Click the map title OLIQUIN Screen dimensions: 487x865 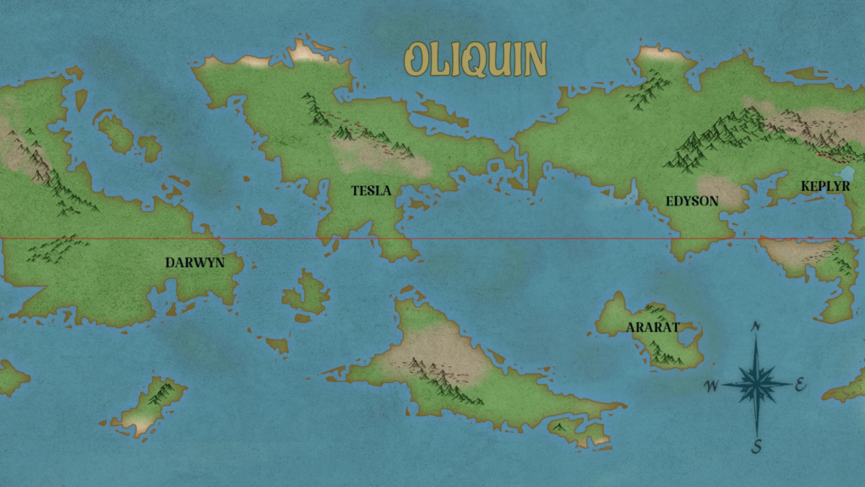(476, 60)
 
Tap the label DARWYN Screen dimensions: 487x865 (195, 263)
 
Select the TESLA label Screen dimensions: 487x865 (371, 191)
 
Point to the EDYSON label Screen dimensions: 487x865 (692, 201)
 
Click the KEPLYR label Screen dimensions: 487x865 (825, 185)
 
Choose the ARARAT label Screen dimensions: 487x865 (652, 327)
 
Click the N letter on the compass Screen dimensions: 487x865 (756, 326)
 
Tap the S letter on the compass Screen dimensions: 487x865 (758, 446)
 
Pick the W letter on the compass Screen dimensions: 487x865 (711, 386)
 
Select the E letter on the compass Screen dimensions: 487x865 (800, 386)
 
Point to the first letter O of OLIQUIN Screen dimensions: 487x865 (417, 60)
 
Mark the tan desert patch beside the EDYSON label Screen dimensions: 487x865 (722, 193)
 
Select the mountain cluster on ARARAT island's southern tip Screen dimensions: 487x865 (667, 356)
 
